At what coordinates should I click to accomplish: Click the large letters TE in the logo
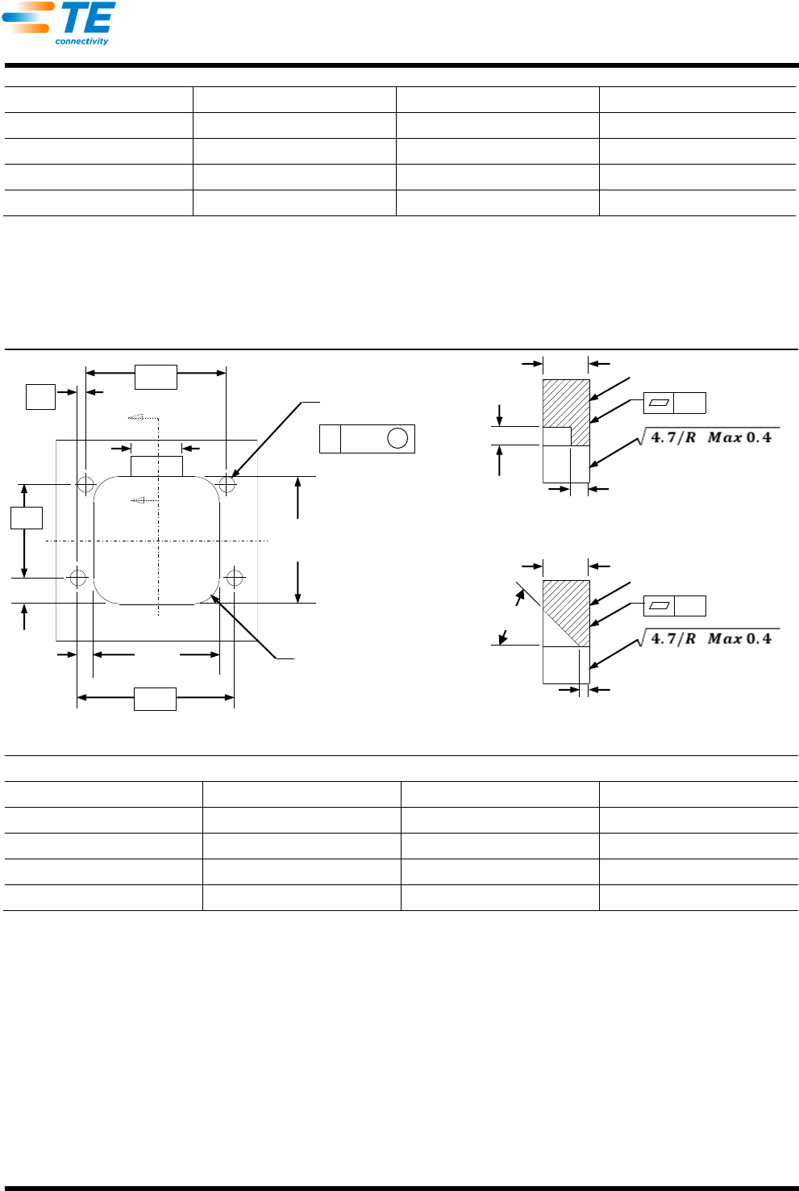88,17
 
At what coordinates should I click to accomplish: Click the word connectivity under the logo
81,41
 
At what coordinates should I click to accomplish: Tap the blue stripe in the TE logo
20,17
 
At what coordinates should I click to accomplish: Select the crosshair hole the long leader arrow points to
227,484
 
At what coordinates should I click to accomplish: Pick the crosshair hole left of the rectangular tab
85,484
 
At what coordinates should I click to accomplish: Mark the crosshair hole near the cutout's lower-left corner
78,578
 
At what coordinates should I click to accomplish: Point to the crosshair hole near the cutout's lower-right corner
235,578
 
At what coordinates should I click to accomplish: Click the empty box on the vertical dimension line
27,518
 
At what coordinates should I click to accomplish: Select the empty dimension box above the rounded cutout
156,377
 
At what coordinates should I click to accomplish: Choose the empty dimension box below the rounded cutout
155,699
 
